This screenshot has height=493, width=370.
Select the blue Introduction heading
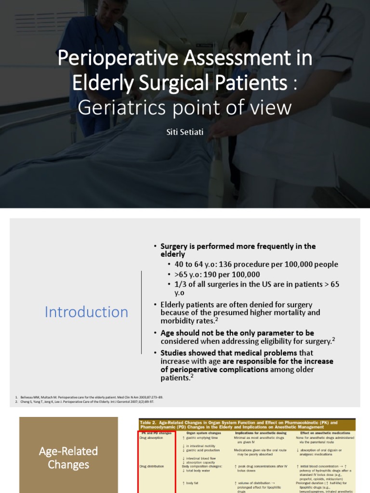pos(87,312)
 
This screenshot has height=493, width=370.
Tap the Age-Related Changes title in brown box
pos(68,457)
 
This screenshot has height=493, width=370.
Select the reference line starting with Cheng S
pos(84,401)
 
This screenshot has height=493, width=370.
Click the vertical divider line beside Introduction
pos(141,312)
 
